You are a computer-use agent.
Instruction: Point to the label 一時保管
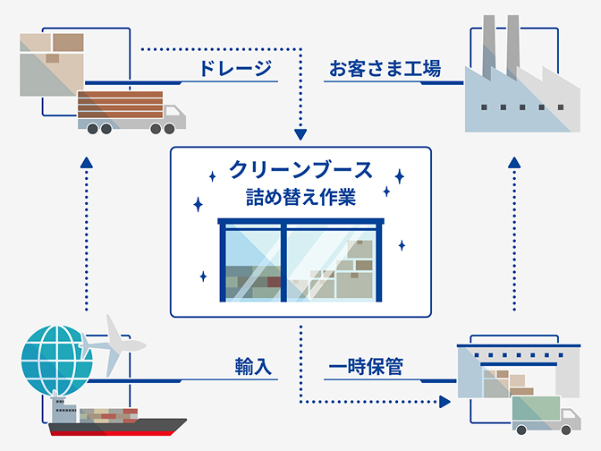(365, 367)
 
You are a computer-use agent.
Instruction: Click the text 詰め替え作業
(300, 197)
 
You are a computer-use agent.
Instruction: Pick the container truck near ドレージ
(130, 112)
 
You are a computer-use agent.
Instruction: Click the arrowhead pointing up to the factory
(515, 161)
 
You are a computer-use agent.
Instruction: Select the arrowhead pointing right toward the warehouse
(446, 401)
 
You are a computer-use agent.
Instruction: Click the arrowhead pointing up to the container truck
(86, 162)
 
